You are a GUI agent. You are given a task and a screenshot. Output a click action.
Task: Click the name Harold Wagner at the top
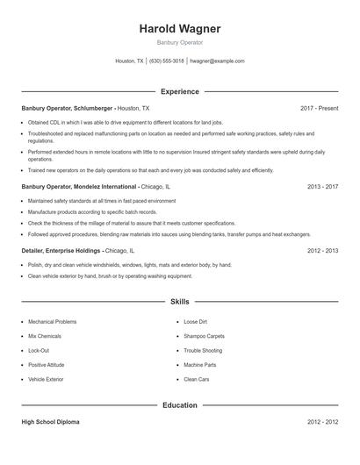coord(180,29)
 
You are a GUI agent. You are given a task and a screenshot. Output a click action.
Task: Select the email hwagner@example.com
coord(217,61)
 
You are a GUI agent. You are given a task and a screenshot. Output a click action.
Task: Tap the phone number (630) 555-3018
coord(167,61)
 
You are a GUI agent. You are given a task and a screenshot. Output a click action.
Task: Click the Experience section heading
coord(180,91)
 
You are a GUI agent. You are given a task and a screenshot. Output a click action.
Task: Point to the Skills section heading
coord(180,301)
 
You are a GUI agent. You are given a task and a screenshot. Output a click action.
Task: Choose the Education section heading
coord(180,405)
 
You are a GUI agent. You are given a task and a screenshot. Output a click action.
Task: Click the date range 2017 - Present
coord(319,108)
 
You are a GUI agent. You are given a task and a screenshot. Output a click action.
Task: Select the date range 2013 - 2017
coord(322,187)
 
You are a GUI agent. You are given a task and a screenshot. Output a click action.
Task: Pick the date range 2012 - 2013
coord(322,250)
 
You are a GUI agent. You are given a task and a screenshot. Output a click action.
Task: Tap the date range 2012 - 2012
coord(322,422)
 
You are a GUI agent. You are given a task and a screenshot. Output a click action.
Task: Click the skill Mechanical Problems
coord(53,322)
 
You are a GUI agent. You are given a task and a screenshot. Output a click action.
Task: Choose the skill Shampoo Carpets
coord(204,336)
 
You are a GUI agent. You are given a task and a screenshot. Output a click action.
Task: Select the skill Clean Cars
coord(196,379)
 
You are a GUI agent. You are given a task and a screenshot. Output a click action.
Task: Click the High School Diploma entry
coord(50,422)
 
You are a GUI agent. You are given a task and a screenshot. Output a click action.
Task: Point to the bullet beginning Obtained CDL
coord(126,123)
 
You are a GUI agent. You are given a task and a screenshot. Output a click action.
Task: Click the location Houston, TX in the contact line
coord(130,61)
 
